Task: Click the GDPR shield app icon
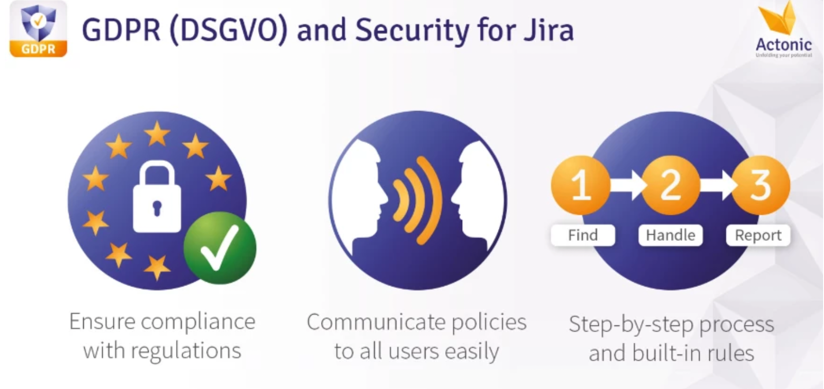pyautogui.click(x=38, y=29)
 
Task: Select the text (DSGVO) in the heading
pyautogui.click(x=228, y=30)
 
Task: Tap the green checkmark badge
pyautogui.click(x=220, y=248)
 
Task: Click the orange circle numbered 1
pyautogui.click(x=581, y=185)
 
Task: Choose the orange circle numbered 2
pyautogui.click(x=670, y=185)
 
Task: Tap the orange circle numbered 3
pyautogui.click(x=761, y=185)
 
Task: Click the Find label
pyautogui.click(x=583, y=235)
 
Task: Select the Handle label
pyautogui.click(x=670, y=235)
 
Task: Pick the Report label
pyautogui.click(x=758, y=235)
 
